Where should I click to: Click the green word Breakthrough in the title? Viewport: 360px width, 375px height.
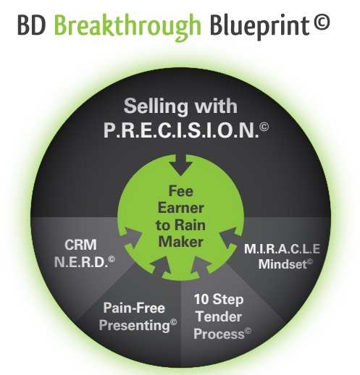(127, 27)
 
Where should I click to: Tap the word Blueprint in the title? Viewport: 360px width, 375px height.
(259, 26)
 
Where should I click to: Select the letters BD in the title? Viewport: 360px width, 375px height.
(32, 25)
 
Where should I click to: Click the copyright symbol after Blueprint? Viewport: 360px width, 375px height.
(322, 22)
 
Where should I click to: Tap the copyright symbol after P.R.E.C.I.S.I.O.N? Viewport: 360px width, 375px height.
(264, 127)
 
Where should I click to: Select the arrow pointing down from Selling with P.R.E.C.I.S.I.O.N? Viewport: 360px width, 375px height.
(180, 165)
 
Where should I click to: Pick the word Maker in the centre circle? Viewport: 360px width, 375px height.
(181, 242)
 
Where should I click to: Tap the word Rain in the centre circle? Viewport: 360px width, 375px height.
(190, 225)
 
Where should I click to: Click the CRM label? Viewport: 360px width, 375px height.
(80, 245)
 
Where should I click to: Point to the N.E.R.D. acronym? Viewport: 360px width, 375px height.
(81, 262)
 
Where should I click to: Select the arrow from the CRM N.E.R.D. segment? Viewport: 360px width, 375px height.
(133, 238)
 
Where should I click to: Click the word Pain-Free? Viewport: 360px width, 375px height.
(134, 308)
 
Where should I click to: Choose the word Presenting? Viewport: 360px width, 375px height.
(135, 326)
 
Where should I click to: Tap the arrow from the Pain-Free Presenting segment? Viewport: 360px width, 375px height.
(162, 267)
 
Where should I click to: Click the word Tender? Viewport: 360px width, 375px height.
(219, 316)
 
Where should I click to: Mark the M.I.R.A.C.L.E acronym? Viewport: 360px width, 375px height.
(282, 249)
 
